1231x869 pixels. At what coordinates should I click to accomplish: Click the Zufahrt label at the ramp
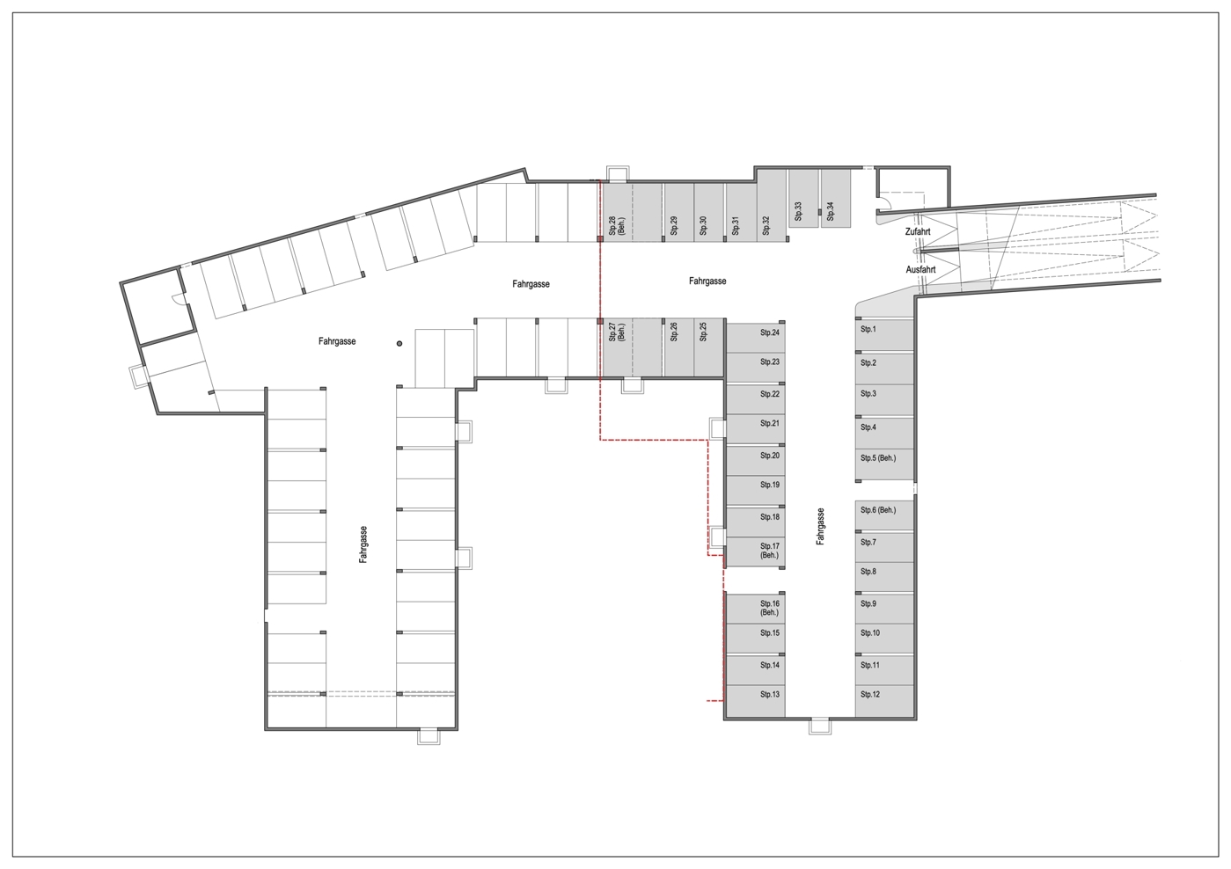918,232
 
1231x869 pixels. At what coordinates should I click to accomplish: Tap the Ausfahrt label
920,270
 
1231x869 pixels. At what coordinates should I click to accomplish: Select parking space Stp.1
884,336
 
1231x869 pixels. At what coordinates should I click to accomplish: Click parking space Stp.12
884,701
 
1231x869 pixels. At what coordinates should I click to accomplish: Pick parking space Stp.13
756,701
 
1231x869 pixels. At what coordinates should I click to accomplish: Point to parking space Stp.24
756,338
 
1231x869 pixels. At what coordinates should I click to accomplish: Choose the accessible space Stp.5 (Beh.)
884,464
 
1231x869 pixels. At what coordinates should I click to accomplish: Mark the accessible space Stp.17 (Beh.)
756,552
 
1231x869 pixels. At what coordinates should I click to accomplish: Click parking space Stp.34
835,198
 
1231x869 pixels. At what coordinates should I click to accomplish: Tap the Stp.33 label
798,211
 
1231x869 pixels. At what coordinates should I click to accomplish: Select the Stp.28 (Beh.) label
617,225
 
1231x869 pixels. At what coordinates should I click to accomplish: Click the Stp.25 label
703,332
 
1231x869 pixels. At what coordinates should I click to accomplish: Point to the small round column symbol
399,344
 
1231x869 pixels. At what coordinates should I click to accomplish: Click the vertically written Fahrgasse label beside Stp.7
820,526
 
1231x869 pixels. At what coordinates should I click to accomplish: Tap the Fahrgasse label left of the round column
337,341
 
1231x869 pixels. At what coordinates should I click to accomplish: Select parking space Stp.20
756,460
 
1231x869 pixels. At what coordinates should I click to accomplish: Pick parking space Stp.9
884,608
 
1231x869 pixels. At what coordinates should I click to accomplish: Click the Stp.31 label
736,225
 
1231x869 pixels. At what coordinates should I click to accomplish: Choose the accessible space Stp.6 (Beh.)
884,515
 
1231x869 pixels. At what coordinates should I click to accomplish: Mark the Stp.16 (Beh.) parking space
756,608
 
